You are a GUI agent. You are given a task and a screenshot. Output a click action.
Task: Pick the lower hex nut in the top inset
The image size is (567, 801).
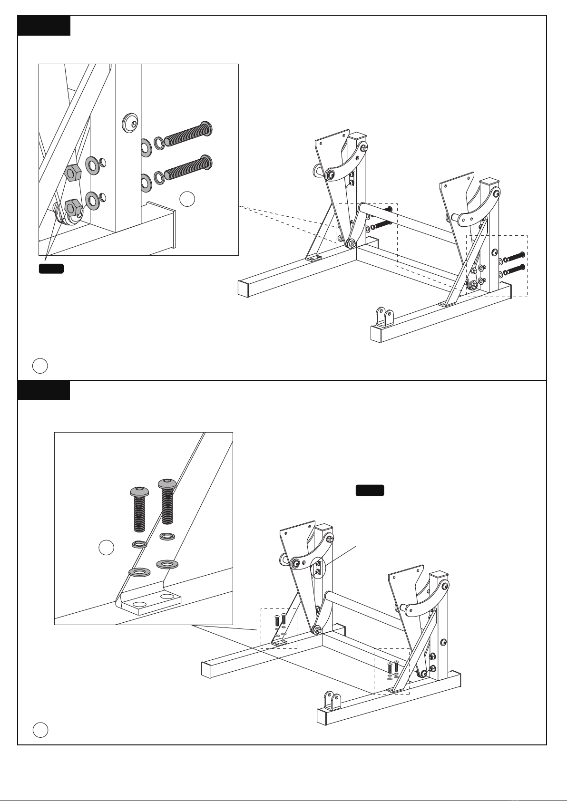(71, 207)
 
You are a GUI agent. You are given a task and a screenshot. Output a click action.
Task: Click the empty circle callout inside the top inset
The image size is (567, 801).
(188, 199)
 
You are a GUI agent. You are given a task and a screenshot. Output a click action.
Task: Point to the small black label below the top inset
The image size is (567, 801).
(51, 269)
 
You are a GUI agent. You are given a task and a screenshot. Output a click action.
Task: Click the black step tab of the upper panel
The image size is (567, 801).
(44, 26)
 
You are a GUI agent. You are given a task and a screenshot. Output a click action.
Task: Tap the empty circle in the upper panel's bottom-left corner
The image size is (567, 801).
(40, 366)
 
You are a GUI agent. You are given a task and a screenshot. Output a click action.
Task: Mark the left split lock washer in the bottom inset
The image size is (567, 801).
(139, 544)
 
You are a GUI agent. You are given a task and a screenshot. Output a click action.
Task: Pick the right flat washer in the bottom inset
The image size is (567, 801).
(166, 564)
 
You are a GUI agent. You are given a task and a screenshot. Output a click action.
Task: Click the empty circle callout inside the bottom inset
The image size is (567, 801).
(107, 548)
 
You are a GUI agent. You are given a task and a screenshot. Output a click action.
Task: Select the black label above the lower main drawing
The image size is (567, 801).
(370, 491)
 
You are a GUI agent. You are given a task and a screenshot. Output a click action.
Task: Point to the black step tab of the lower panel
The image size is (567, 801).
(44, 390)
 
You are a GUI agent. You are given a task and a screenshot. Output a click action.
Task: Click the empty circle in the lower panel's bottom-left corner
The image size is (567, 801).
(40, 730)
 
